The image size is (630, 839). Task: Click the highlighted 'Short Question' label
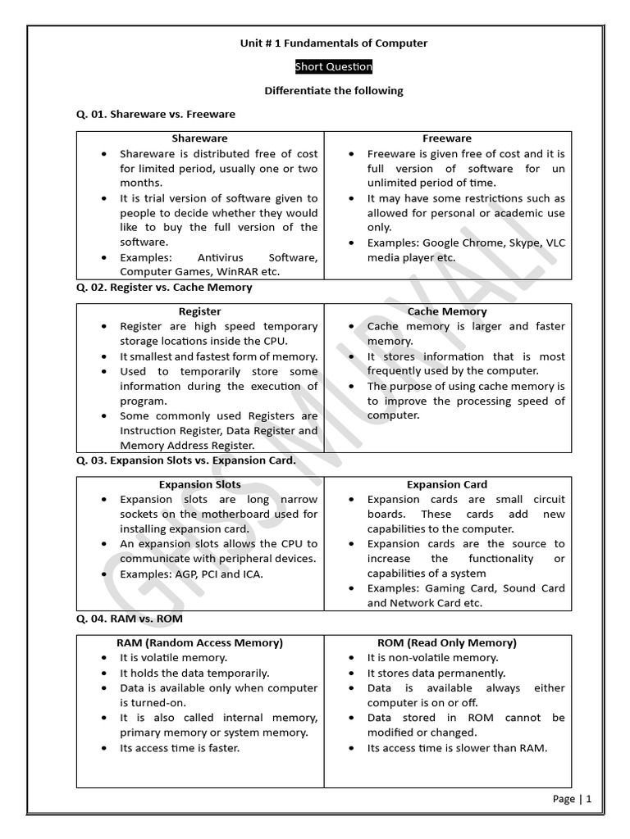tap(333, 66)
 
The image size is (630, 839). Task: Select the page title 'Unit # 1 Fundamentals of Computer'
tap(333, 43)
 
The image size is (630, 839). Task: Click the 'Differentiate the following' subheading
tap(333, 90)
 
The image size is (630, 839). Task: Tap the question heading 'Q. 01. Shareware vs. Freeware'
tap(156, 114)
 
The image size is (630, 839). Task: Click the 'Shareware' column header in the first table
tap(200, 138)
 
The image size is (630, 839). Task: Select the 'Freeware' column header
tap(447, 138)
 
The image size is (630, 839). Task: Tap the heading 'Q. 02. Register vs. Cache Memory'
tap(164, 288)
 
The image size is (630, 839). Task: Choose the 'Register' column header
tap(200, 311)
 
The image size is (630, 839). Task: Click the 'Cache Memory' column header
tap(447, 311)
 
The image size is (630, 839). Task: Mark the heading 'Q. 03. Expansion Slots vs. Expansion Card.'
tap(186, 460)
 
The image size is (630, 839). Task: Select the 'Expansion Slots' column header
tap(200, 484)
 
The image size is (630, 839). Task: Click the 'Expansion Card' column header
tap(447, 484)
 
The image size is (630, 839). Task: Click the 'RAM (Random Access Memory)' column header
tap(200, 642)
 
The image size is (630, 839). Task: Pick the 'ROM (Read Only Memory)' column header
tap(447, 642)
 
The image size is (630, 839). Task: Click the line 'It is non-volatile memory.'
tap(432, 657)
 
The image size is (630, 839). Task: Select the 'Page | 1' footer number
tap(573, 799)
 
